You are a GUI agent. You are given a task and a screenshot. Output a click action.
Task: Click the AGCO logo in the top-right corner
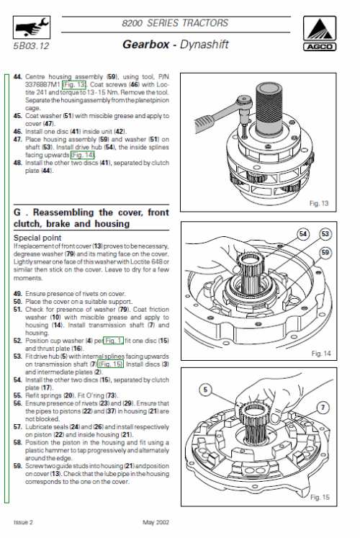(320, 33)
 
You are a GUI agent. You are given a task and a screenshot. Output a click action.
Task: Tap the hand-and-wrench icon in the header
(32, 27)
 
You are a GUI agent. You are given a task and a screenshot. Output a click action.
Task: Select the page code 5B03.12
(31, 46)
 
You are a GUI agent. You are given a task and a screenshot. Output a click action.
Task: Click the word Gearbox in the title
(146, 45)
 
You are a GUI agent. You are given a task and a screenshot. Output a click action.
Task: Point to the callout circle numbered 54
(302, 234)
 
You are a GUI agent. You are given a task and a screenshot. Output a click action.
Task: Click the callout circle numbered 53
(325, 234)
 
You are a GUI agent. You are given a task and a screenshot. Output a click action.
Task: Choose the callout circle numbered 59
(325, 253)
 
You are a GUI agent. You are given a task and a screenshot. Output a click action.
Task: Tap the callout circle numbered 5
(205, 390)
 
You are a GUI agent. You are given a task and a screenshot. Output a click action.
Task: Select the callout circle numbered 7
(323, 408)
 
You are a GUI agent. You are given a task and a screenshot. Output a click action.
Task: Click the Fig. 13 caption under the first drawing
(319, 204)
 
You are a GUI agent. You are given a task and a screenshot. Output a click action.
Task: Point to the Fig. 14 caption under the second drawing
(321, 354)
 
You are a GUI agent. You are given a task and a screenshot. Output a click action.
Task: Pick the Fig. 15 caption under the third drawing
(320, 497)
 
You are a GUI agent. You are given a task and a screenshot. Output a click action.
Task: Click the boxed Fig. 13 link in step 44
(74, 84)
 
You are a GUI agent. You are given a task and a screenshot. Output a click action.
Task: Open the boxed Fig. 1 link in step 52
(113, 341)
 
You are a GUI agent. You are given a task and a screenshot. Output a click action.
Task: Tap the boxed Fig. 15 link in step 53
(110, 364)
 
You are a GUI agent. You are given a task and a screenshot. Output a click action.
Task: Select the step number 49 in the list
(18, 294)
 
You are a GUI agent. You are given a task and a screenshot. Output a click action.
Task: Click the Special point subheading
(37, 238)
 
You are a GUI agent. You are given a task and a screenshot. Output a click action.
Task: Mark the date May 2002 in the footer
(156, 522)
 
